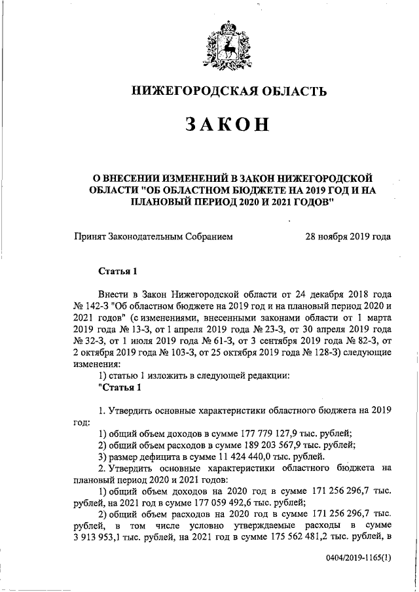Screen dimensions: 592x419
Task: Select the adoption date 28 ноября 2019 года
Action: (347, 236)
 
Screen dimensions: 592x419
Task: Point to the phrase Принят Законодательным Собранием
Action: (153, 236)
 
